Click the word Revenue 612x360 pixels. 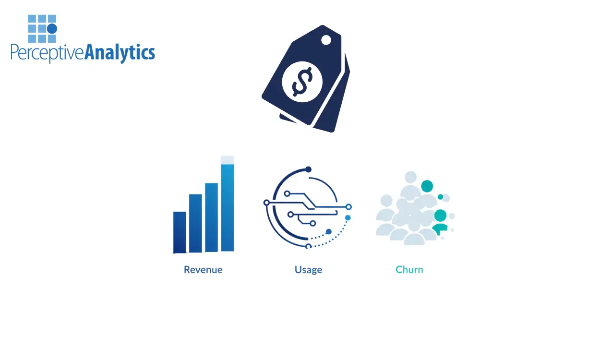click(x=203, y=270)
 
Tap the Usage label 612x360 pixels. click(x=309, y=270)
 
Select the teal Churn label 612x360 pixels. click(x=409, y=270)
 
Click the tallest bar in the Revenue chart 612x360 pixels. click(x=228, y=207)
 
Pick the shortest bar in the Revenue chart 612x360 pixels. click(x=180, y=232)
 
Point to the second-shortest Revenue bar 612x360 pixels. click(x=195, y=223)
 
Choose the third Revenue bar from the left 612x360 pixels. click(x=212, y=217)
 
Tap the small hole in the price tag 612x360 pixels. click(x=326, y=40)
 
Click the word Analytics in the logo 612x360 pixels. click(x=120, y=52)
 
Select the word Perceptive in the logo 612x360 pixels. click(x=47, y=52)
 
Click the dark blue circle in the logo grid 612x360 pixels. click(x=52, y=28)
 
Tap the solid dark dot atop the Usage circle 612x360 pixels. click(x=309, y=169)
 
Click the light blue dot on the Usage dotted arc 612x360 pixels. click(x=348, y=218)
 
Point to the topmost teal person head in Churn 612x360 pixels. click(x=427, y=186)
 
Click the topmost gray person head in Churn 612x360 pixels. click(x=410, y=177)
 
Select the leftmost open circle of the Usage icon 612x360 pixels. click(x=267, y=203)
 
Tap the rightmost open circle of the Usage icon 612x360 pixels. click(x=348, y=207)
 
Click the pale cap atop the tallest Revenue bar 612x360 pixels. click(x=228, y=160)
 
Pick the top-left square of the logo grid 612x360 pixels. click(x=32, y=19)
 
